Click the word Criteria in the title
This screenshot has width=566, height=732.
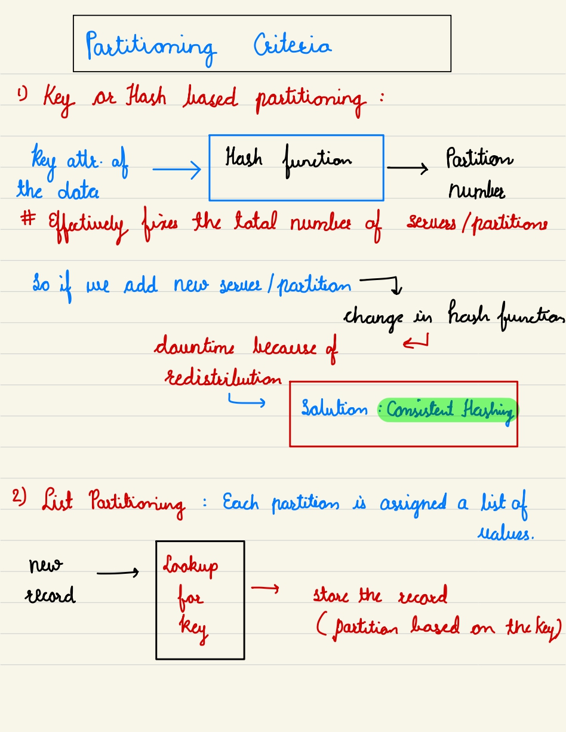pos(293,46)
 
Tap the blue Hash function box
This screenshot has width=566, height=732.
pos(296,168)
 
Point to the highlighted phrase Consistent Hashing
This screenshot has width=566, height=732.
pos(449,410)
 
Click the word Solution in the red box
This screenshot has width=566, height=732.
pos(334,410)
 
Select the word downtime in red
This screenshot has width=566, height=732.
pos(195,347)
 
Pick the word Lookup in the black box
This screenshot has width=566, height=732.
pos(190,566)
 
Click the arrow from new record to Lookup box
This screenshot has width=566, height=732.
pos(118,574)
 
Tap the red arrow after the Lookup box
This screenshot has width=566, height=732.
pos(265,589)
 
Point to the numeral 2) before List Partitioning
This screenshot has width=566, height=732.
pos(20,497)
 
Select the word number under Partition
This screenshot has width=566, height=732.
pos(476,191)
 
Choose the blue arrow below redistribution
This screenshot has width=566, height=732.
pos(246,404)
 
